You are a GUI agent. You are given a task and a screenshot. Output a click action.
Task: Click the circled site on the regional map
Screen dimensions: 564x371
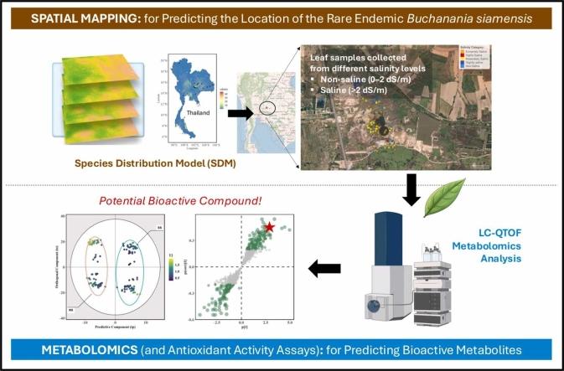pos(266,107)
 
